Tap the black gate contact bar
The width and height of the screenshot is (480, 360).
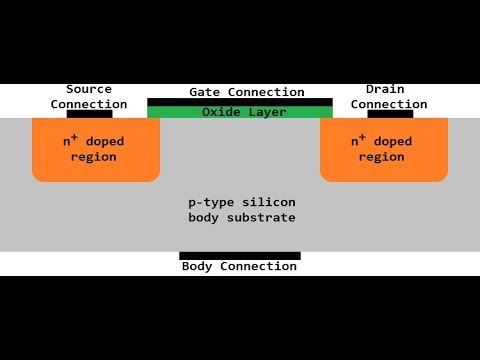coord(240,102)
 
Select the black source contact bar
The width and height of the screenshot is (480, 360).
coord(89,114)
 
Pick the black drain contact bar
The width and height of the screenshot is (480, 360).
coord(390,114)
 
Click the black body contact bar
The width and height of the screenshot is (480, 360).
coord(240,256)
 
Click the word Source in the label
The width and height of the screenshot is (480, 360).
coord(89,89)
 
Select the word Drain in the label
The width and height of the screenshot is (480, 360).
coord(385,89)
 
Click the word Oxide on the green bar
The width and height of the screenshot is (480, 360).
coord(221,112)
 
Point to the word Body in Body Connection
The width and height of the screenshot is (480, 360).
coord(197,267)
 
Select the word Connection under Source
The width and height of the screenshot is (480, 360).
coord(89,104)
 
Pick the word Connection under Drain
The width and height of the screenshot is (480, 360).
coord(389,104)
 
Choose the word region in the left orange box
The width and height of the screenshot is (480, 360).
coord(95,157)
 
